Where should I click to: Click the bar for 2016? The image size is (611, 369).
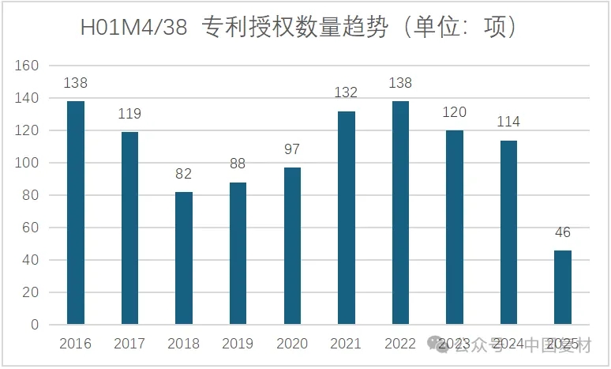(76, 213)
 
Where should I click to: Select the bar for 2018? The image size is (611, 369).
(183, 258)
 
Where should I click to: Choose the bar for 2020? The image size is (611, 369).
(291, 246)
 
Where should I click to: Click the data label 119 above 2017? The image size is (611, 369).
(129, 115)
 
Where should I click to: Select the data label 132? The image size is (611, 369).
(346, 93)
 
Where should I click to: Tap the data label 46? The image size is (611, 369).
(562, 233)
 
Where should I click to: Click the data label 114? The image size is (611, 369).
(508, 122)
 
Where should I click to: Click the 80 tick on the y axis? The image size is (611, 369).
(30, 195)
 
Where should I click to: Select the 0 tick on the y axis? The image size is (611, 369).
(34, 325)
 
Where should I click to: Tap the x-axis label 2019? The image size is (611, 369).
(238, 344)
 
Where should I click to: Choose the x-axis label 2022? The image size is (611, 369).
(400, 344)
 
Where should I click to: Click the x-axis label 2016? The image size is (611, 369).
(76, 344)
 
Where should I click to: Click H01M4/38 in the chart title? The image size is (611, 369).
(134, 29)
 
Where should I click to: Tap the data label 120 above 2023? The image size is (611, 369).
(454, 113)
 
